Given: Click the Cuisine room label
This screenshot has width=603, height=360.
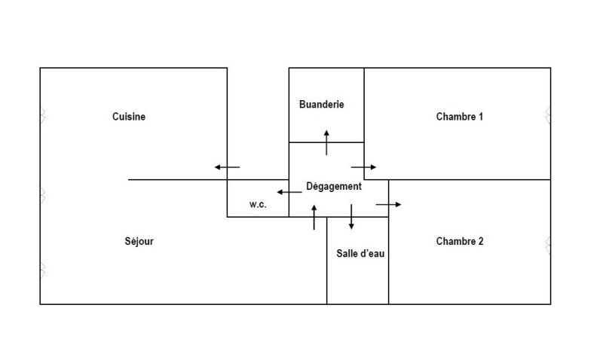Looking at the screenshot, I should click(x=129, y=117).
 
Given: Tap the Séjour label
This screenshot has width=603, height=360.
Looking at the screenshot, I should click(x=139, y=242).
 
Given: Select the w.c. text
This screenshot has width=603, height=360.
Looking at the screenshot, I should click(x=258, y=205).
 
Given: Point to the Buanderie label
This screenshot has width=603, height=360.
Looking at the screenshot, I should click(x=321, y=105).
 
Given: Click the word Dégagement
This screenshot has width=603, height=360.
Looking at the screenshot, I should click(x=334, y=186).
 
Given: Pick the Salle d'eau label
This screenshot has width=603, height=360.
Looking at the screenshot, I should click(x=360, y=254).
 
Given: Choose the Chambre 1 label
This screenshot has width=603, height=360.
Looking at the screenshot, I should click(x=460, y=117).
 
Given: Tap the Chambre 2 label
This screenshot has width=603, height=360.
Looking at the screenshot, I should click(x=460, y=242).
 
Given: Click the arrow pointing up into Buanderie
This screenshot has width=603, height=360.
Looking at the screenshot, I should click(x=326, y=142).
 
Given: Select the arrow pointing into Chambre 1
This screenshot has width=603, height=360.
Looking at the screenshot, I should click(x=363, y=166).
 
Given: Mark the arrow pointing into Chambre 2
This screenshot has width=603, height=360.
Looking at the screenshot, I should click(x=389, y=204).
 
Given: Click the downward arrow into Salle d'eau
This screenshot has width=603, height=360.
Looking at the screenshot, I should click(x=351, y=217).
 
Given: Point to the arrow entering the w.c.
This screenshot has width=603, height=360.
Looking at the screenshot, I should click(x=289, y=192).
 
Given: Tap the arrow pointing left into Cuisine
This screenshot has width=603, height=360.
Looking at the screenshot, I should click(x=227, y=167).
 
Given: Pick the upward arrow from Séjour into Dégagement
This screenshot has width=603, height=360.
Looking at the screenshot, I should click(x=314, y=217).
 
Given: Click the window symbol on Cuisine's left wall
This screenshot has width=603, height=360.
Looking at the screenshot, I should click(x=42, y=115).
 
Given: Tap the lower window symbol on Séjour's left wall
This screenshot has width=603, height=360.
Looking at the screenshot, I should click(x=42, y=269).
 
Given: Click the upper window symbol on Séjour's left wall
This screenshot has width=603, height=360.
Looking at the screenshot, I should click(x=42, y=195).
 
